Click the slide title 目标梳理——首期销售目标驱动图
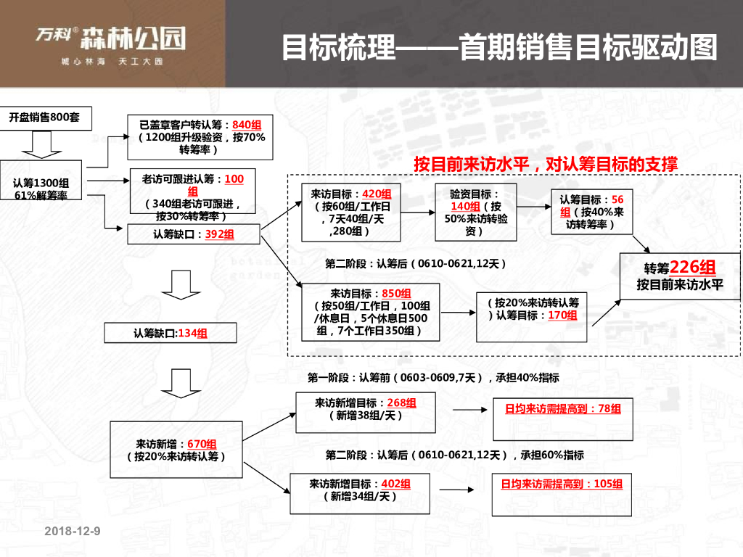[499, 48]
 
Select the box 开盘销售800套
[44, 117]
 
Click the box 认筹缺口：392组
[193, 234]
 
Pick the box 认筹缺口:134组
[171, 333]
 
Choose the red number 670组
[202, 444]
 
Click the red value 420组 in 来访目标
[377, 194]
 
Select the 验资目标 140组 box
[476, 212]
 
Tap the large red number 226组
[693, 267]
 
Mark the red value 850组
[396, 294]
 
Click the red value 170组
[563, 315]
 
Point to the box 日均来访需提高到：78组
[563, 409]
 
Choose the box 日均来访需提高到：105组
[562, 484]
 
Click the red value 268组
[401, 403]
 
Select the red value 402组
[396, 484]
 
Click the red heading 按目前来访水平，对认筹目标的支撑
[546, 164]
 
